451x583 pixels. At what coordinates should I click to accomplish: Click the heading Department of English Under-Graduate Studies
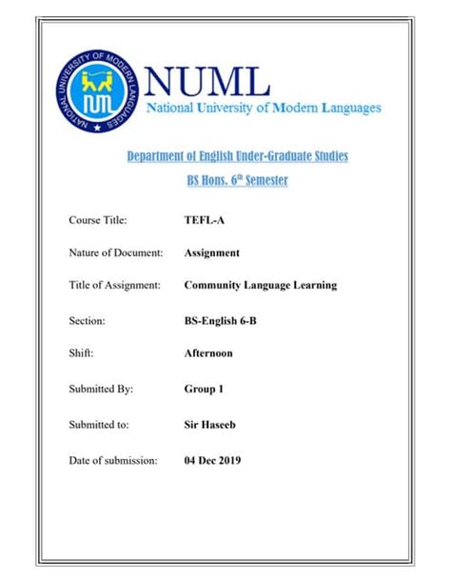click(x=238, y=155)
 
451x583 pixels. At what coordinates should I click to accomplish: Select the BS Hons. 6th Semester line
click(x=238, y=180)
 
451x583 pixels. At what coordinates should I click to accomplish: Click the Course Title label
click(x=98, y=220)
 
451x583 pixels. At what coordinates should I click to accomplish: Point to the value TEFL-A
click(x=204, y=220)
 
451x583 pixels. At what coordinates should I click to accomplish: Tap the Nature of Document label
click(x=116, y=253)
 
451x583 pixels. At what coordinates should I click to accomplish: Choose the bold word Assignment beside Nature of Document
click(x=211, y=253)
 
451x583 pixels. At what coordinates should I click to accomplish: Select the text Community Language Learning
click(x=260, y=285)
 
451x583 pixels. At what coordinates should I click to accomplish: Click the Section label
click(x=87, y=321)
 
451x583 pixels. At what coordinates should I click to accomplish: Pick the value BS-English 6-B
click(x=220, y=321)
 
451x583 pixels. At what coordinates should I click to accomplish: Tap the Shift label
click(x=82, y=353)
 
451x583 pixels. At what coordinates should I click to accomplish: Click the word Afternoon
click(x=208, y=353)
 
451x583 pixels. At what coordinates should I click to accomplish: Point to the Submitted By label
click(x=101, y=389)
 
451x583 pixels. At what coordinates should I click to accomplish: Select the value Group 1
click(x=204, y=389)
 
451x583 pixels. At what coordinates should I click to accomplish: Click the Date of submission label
click(x=113, y=460)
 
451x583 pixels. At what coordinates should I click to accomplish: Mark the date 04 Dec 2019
click(x=213, y=460)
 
